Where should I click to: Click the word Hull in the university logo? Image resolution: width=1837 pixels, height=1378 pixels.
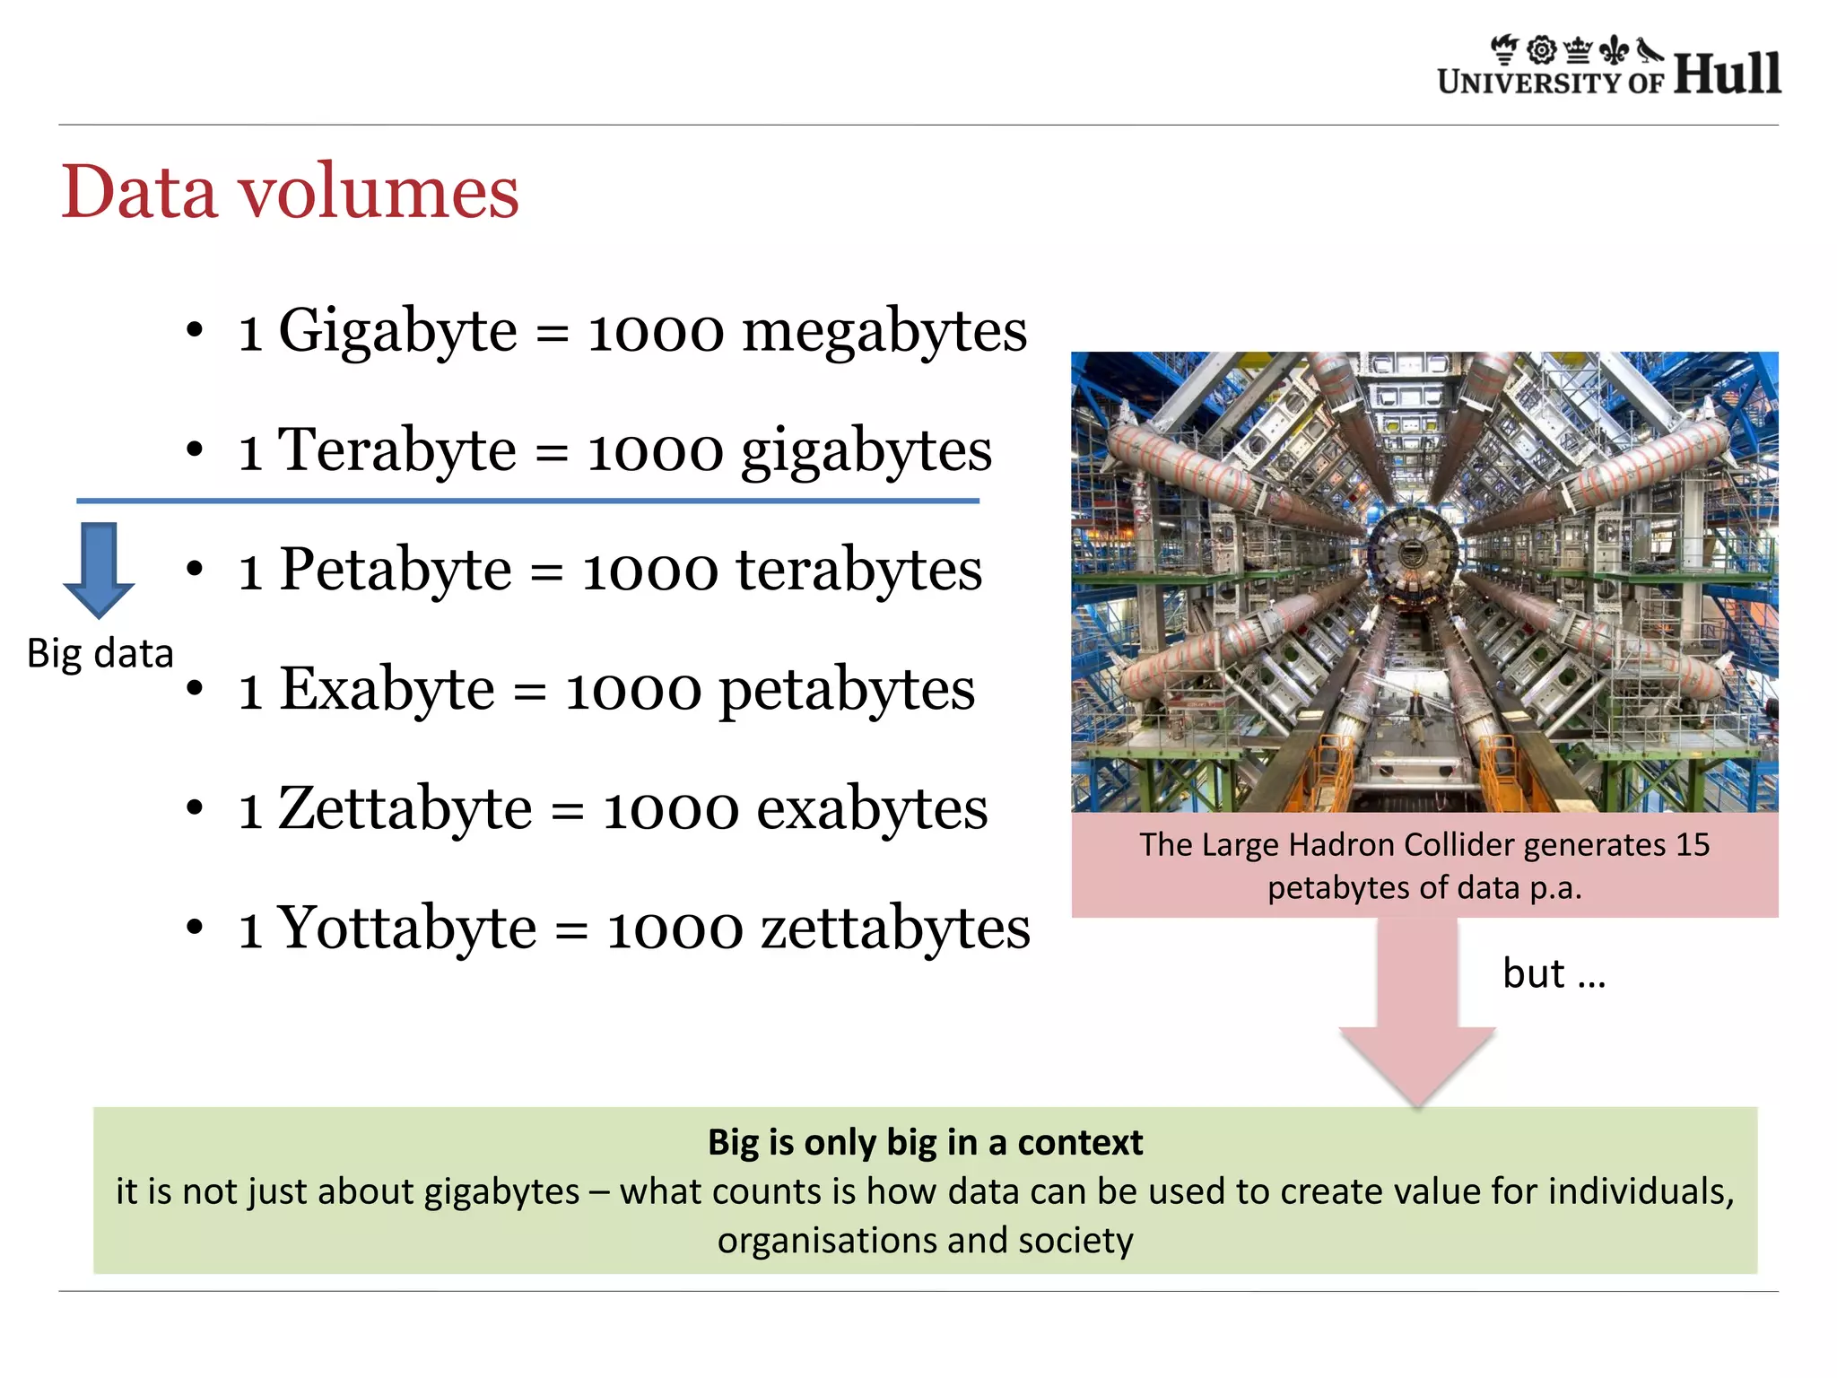pyautogui.click(x=1727, y=74)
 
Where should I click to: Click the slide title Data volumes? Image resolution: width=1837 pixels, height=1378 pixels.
pyautogui.click(x=290, y=192)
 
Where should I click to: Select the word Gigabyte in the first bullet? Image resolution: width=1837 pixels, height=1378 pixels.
pyautogui.click(x=397, y=331)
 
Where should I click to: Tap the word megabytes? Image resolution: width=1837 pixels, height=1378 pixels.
pyautogui.click(x=884, y=331)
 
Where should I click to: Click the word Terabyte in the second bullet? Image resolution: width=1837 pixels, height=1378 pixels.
pyautogui.click(x=396, y=450)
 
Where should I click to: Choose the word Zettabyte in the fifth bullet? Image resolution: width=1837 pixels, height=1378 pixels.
pyautogui.click(x=405, y=808)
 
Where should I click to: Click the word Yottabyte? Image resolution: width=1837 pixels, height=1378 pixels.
pyautogui.click(x=406, y=928)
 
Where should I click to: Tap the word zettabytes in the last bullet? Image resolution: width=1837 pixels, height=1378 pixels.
pyautogui.click(x=895, y=928)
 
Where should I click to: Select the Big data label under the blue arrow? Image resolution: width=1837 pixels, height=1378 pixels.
pyautogui.click(x=100, y=653)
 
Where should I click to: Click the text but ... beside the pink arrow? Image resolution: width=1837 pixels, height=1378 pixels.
pyautogui.click(x=1554, y=973)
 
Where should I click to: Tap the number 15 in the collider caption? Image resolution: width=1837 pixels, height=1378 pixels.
pyautogui.click(x=1693, y=845)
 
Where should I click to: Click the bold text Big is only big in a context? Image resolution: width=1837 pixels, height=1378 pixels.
pyautogui.click(x=925, y=1143)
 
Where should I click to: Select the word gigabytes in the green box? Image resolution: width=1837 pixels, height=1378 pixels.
pyautogui.click(x=501, y=1191)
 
